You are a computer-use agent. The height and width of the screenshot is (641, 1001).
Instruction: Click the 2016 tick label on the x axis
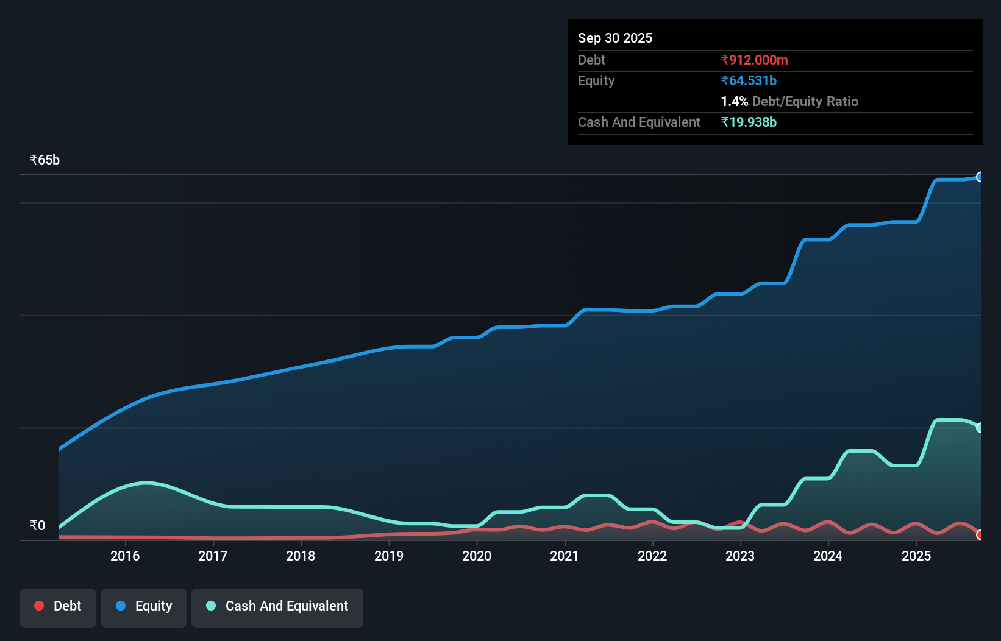(x=125, y=556)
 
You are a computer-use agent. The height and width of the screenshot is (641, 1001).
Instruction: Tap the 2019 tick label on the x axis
(x=389, y=556)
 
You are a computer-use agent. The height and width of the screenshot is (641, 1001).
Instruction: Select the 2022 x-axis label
(x=652, y=556)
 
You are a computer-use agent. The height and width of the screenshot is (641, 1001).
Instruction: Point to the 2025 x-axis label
(x=916, y=556)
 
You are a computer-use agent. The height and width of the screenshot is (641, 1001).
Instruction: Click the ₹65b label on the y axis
(x=45, y=160)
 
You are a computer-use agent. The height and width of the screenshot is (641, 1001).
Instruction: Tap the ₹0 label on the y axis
(x=37, y=525)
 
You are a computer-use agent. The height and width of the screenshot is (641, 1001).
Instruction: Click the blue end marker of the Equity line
(x=980, y=177)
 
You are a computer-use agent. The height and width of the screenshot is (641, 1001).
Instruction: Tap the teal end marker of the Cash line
(x=980, y=428)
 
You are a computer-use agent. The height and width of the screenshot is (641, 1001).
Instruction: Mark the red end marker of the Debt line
(x=980, y=535)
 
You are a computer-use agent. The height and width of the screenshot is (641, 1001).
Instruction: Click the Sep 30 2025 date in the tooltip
(x=614, y=38)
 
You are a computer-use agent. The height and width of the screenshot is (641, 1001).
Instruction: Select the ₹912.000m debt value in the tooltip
(x=754, y=60)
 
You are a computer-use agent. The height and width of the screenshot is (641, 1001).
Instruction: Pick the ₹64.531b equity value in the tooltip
(x=749, y=80)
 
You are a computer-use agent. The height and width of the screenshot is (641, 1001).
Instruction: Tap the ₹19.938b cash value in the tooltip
(x=749, y=122)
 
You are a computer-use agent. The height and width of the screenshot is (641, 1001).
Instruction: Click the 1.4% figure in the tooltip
(x=734, y=101)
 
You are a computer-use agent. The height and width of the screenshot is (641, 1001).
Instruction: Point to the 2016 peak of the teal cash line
(x=147, y=483)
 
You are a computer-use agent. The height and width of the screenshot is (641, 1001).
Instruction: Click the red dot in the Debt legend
(x=39, y=606)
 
